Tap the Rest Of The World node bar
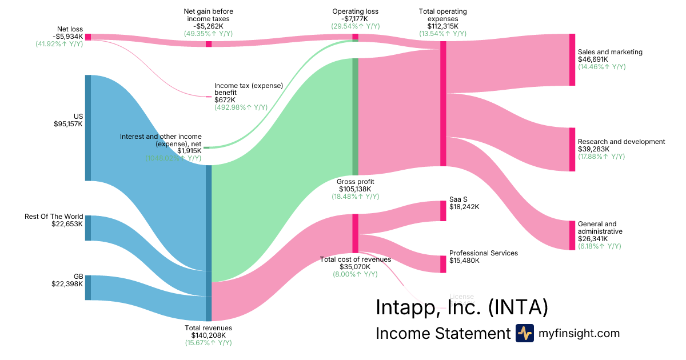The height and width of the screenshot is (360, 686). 88,228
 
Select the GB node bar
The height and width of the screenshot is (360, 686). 88,287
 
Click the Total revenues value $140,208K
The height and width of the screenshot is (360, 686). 209,335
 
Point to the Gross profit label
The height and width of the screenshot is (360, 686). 355,182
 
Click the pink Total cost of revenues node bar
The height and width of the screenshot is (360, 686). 355,233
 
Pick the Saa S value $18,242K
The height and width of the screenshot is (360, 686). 464,207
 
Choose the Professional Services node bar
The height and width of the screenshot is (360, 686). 443,264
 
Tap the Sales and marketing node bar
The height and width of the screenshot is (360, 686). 572,59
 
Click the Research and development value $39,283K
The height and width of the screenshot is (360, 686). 593,149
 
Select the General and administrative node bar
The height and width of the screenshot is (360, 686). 572,235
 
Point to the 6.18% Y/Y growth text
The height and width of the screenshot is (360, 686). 599,246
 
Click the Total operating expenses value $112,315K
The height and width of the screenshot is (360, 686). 442,26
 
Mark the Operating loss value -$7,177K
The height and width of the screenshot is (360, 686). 355,19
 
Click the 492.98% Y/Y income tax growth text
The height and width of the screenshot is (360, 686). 241,107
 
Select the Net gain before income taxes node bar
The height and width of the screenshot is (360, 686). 209,43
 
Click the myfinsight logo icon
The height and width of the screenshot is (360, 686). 524,333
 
